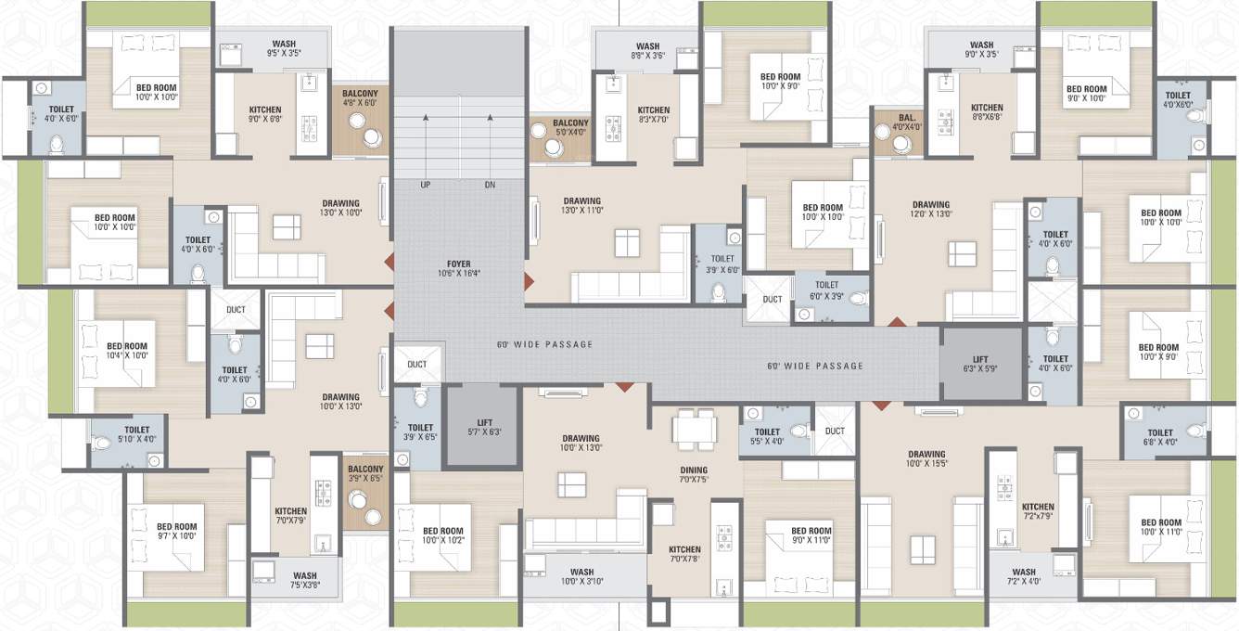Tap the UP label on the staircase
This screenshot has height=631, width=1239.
(426, 185)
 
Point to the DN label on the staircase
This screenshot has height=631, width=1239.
(490, 185)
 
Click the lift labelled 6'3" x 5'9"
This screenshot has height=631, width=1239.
(981, 363)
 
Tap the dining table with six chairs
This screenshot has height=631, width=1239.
(695, 429)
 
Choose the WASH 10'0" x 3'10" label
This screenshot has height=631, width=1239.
(581, 576)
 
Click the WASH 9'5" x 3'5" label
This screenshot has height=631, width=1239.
(284, 49)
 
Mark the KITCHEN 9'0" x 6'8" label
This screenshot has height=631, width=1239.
(264, 114)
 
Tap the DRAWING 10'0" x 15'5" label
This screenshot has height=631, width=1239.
(926, 460)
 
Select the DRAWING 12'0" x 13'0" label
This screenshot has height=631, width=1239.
(930, 210)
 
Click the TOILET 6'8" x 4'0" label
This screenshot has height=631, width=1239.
(1159, 437)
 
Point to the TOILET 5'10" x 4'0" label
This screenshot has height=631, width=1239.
(136, 434)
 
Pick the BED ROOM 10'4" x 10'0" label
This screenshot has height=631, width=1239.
(126, 351)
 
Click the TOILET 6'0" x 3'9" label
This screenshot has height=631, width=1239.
(826, 290)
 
